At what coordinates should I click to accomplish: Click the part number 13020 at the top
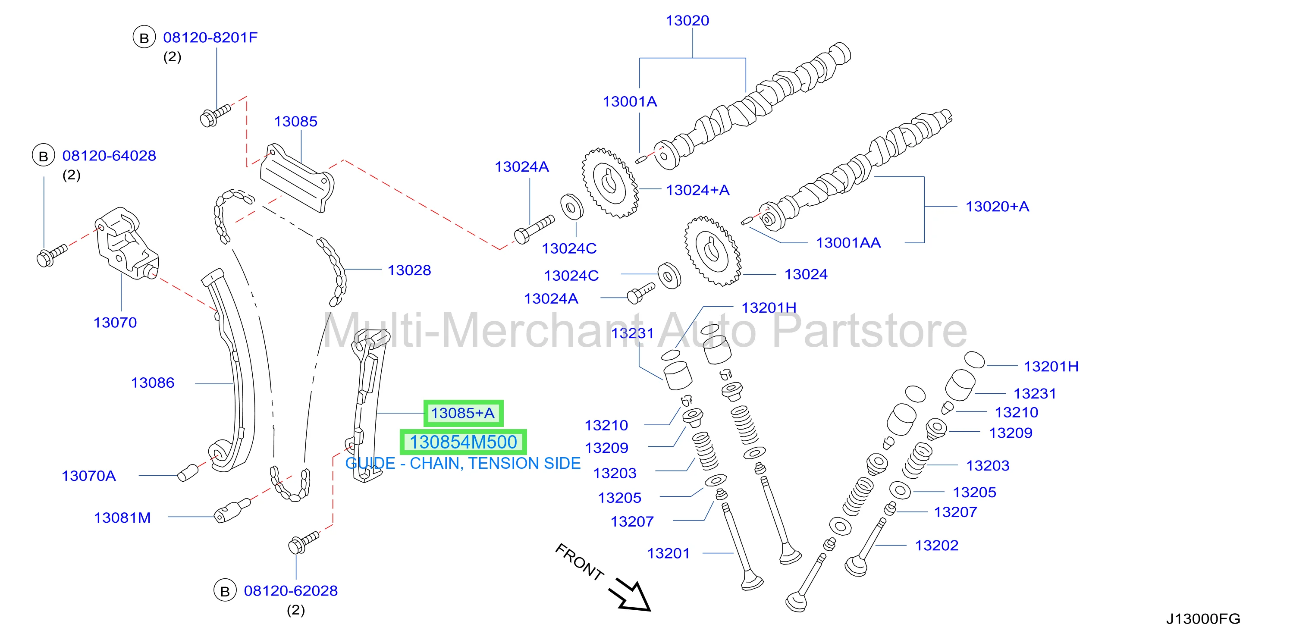(x=687, y=21)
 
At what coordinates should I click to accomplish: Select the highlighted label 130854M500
(x=463, y=442)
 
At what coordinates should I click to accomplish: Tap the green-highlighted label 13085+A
(x=463, y=413)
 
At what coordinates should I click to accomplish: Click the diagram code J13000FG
(x=1203, y=619)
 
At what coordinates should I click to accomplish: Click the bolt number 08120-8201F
(x=210, y=38)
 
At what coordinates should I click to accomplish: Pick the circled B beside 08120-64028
(x=44, y=156)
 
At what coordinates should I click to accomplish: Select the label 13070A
(x=89, y=476)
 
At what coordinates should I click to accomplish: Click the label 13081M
(x=122, y=518)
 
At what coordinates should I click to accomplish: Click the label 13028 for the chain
(x=409, y=270)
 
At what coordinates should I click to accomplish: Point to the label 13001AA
(x=848, y=243)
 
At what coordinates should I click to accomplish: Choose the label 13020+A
(x=997, y=207)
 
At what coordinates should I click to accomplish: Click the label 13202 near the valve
(x=936, y=546)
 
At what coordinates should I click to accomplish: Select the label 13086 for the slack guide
(x=153, y=383)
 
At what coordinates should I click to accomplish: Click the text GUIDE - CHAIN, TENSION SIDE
(x=463, y=464)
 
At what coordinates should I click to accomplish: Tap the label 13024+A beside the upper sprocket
(x=697, y=190)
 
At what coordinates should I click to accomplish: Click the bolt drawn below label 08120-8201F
(x=215, y=115)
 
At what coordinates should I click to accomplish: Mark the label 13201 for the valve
(x=669, y=553)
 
